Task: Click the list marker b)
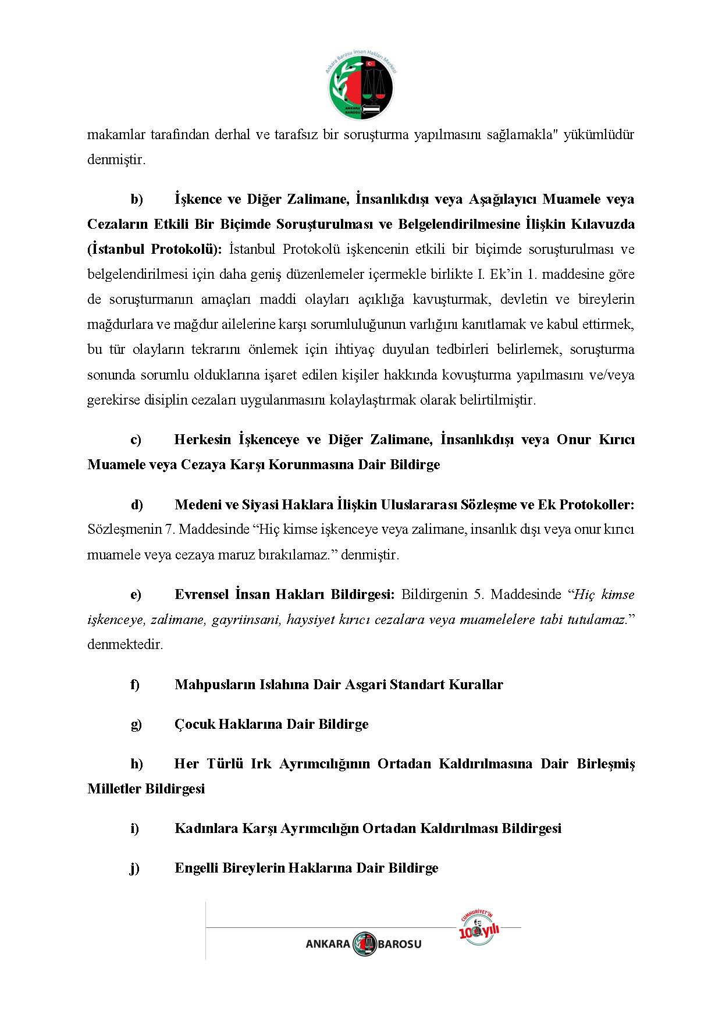pyautogui.click(x=137, y=200)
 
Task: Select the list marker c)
pyautogui.click(x=136, y=440)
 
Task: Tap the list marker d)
pyautogui.click(x=137, y=505)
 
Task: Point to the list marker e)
pyautogui.click(x=136, y=595)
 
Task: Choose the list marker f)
pyautogui.click(x=135, y=685)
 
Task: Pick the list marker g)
pyautogui.click(x=136, y=725)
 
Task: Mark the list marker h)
pyautogui.click(x=137, y=764)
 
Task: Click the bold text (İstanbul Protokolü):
pyautogui.click(x=155, y=250)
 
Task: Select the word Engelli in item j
pyautogui.click(x=196, y=868)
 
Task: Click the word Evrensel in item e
pyautogui.click(x=201, y=595)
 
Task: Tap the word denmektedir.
pyautogui.click(x=125, y=645)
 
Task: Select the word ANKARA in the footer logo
pyautogui.click(x=328, y=944)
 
